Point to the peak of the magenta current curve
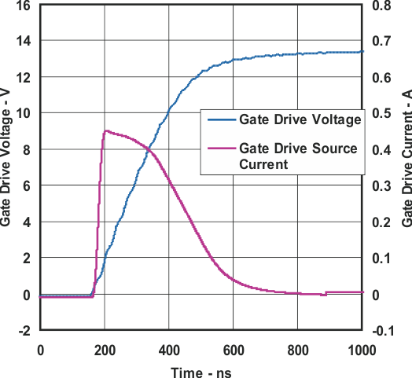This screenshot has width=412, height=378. tap(106, 131)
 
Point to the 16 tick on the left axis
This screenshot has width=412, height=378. tap(24, 5)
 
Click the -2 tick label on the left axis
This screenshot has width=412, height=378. tap(24, 331)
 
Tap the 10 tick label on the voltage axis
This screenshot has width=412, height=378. tap(24, 113)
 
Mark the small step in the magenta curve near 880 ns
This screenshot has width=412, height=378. tap(324, 294)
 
